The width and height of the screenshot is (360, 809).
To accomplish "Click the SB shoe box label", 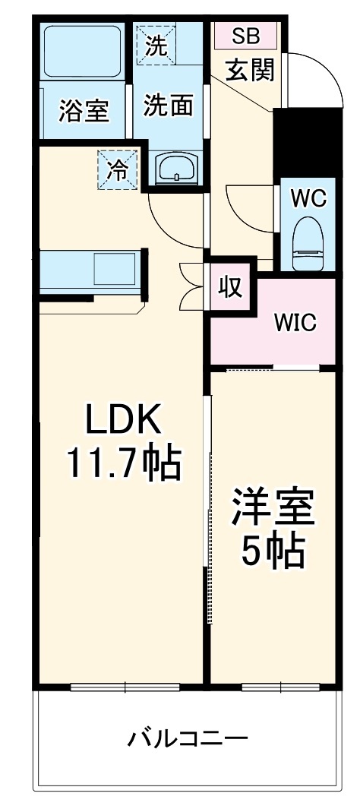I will click(245, 35).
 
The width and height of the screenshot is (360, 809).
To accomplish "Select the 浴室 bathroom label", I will click(84, 111).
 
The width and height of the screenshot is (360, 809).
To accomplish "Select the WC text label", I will click(308, 198).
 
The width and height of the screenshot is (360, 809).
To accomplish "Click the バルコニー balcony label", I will click(187, 738).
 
